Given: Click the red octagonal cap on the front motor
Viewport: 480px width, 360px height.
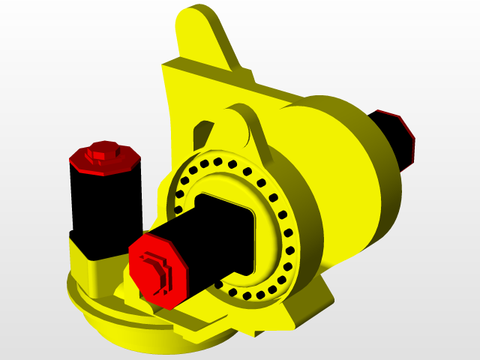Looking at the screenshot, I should point(157,270).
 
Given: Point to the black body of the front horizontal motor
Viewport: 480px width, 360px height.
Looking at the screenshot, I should point(217,240).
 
